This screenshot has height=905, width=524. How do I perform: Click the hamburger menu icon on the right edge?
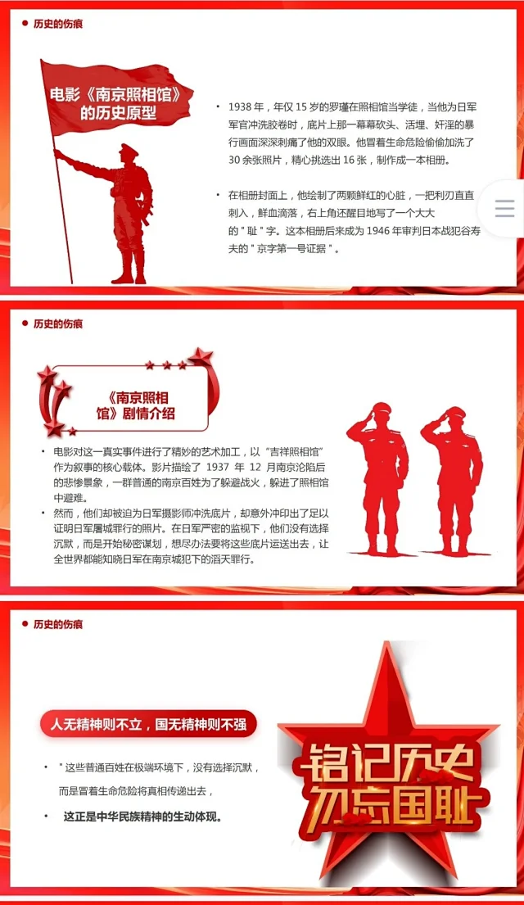tap(504, 208)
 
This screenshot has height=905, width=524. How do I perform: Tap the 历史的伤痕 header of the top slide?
tap(57, 24)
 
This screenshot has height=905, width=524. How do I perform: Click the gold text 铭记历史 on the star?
tap(384, 762)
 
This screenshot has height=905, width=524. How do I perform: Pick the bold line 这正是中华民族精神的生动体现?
tap(142, 817)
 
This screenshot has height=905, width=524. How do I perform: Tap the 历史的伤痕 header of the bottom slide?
tap(57, 624)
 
